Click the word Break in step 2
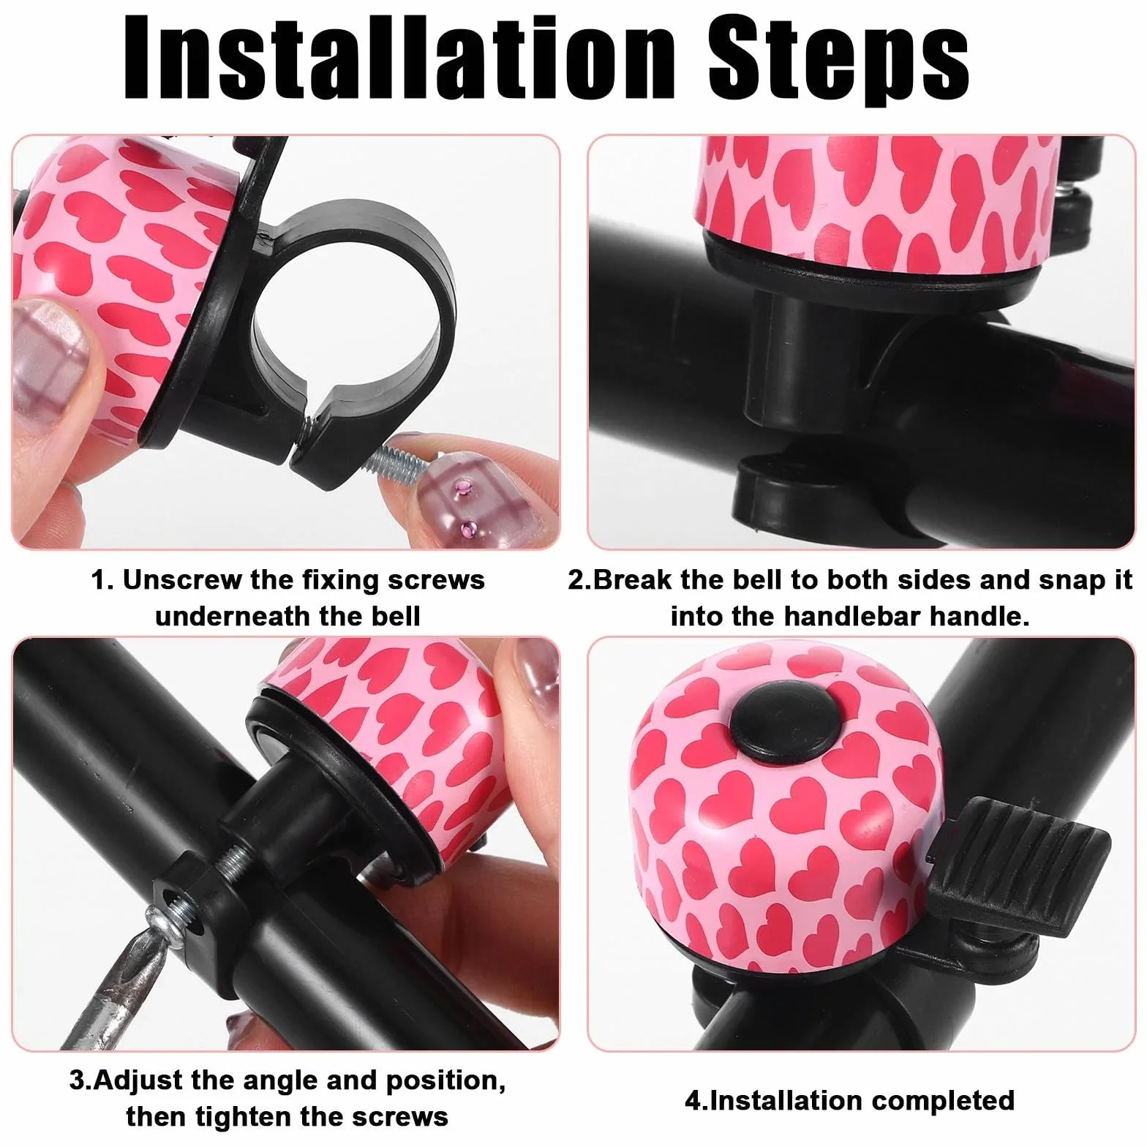tap(632, 579)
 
